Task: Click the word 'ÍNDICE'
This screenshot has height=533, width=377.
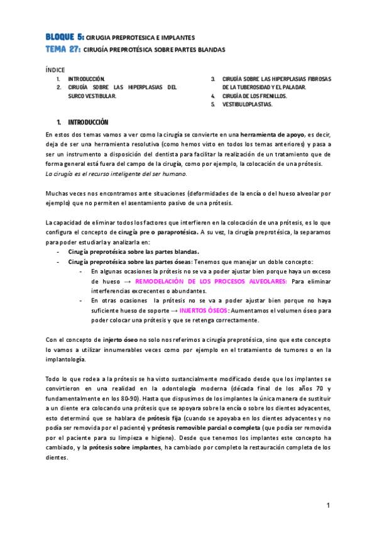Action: click(55, 69)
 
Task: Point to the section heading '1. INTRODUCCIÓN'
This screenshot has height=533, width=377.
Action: click(83, 122)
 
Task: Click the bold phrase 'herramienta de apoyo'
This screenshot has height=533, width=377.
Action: click(271, 135)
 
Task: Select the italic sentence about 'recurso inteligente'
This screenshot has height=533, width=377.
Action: click(117, 173)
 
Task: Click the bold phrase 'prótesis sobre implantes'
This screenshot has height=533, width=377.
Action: click(125, 448)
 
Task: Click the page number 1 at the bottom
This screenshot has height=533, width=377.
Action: click(327, 506)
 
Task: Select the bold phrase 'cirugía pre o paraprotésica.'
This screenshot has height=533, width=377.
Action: click(151, 232)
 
